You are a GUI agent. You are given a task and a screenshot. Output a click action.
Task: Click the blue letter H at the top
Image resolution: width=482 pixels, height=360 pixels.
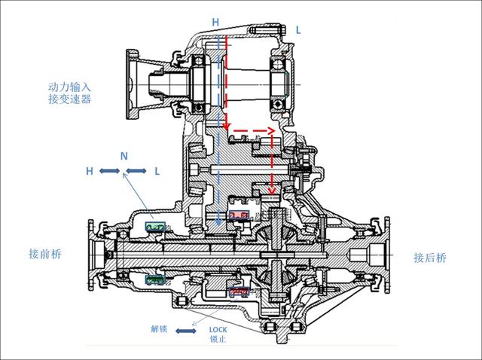[215, 23]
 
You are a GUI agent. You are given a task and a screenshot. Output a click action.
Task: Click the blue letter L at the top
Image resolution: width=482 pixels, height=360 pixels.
[298, 29]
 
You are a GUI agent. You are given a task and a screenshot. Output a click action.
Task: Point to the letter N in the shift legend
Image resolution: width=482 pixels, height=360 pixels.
[124, 156]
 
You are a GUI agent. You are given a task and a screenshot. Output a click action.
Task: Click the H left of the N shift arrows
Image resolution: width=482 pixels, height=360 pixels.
[89, 172]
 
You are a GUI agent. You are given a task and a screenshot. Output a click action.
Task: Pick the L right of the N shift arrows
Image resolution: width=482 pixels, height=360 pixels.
[157, 172]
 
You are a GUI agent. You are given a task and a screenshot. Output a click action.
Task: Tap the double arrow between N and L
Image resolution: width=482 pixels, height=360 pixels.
[137, 172]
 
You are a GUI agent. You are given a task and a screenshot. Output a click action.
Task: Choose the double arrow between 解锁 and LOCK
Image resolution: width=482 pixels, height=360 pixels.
[188, 329]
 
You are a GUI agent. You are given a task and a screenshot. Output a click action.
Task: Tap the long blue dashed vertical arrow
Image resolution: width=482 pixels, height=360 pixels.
[218, 128]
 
